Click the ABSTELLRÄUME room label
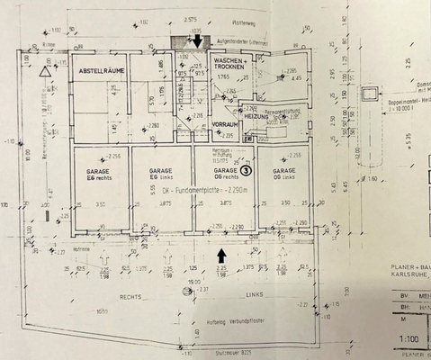[x=100, y=70]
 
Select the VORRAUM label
[x=223, y=123]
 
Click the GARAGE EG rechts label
[x=100, y=174]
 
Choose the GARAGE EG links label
[x=161, y=174]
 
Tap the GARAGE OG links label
[x=284, y=174]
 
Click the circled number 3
[x=245, y=169]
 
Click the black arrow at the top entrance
[x=197, y=41]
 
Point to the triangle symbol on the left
[x=45, y=71]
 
